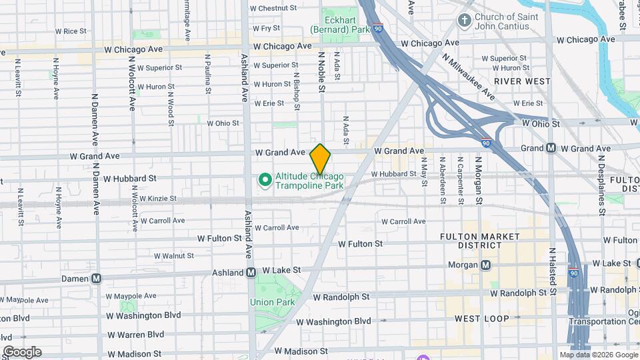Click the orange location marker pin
point(321,159)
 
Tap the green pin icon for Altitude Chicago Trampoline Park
point(264,179)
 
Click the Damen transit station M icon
point(97,278)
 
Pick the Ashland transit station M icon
point(251,272)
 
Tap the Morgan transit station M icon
point(486,265)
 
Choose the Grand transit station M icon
point(551,147)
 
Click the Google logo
point(22,352)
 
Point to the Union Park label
point(273,302)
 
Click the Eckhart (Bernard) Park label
point(340,30)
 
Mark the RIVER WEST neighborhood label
point(522,81)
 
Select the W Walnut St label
point(173,255)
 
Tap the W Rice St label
point(71,31)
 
